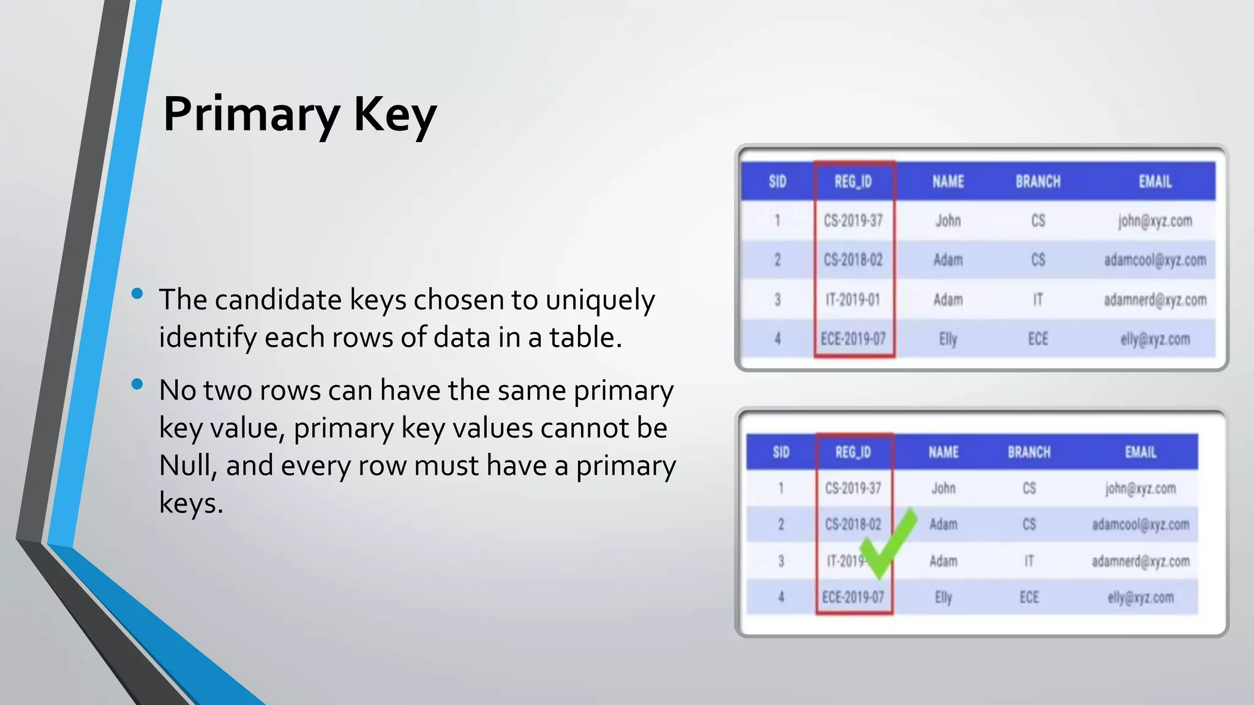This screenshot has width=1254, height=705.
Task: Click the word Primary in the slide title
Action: click(x=251, y=115)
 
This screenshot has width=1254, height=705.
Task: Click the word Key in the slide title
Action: click(x=395, y=115)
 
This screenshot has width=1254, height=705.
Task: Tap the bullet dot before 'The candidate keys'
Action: click(x=137, y=294)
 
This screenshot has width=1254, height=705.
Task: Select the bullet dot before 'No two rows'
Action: click(x=137, y=384)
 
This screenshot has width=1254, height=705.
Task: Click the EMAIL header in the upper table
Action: click(x=1155, y=182)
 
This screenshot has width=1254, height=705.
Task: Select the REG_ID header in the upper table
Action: click(x=853, y=182)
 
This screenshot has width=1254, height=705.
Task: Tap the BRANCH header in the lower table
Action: click(x=1029, y=452)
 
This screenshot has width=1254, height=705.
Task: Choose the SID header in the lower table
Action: click(x=781, y=452)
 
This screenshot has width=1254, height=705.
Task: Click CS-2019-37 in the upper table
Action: click(x=853, y=221)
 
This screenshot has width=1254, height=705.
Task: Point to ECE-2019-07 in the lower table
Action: click(x=853, y=597)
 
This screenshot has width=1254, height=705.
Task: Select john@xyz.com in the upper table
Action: click(x=1155, y=221)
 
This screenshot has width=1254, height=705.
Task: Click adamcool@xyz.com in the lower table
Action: click(x=1140, y=524)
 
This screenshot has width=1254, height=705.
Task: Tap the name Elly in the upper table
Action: click(x=948, y=339)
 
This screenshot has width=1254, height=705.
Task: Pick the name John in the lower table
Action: click(x=943, y=488)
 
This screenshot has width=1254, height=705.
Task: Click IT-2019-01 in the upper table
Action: click(x=853, y=300)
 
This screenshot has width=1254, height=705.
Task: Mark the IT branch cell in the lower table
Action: click(x=1029, y=561)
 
